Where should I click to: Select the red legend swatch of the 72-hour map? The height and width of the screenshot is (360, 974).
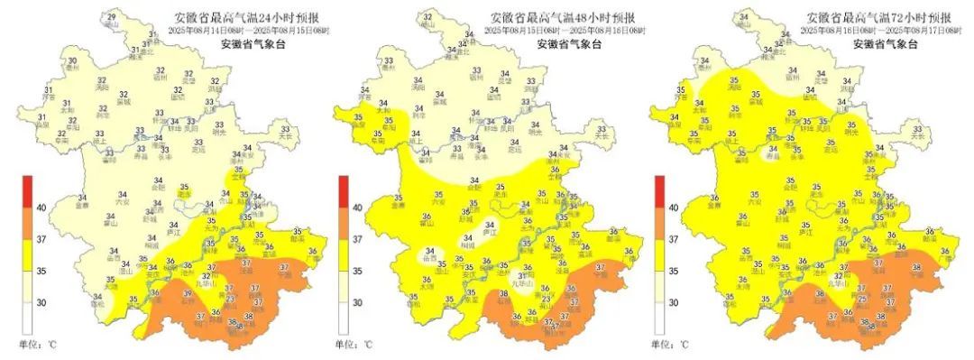[x=660, y=190]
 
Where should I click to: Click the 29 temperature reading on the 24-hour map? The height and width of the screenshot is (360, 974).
[x=112, y=18]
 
